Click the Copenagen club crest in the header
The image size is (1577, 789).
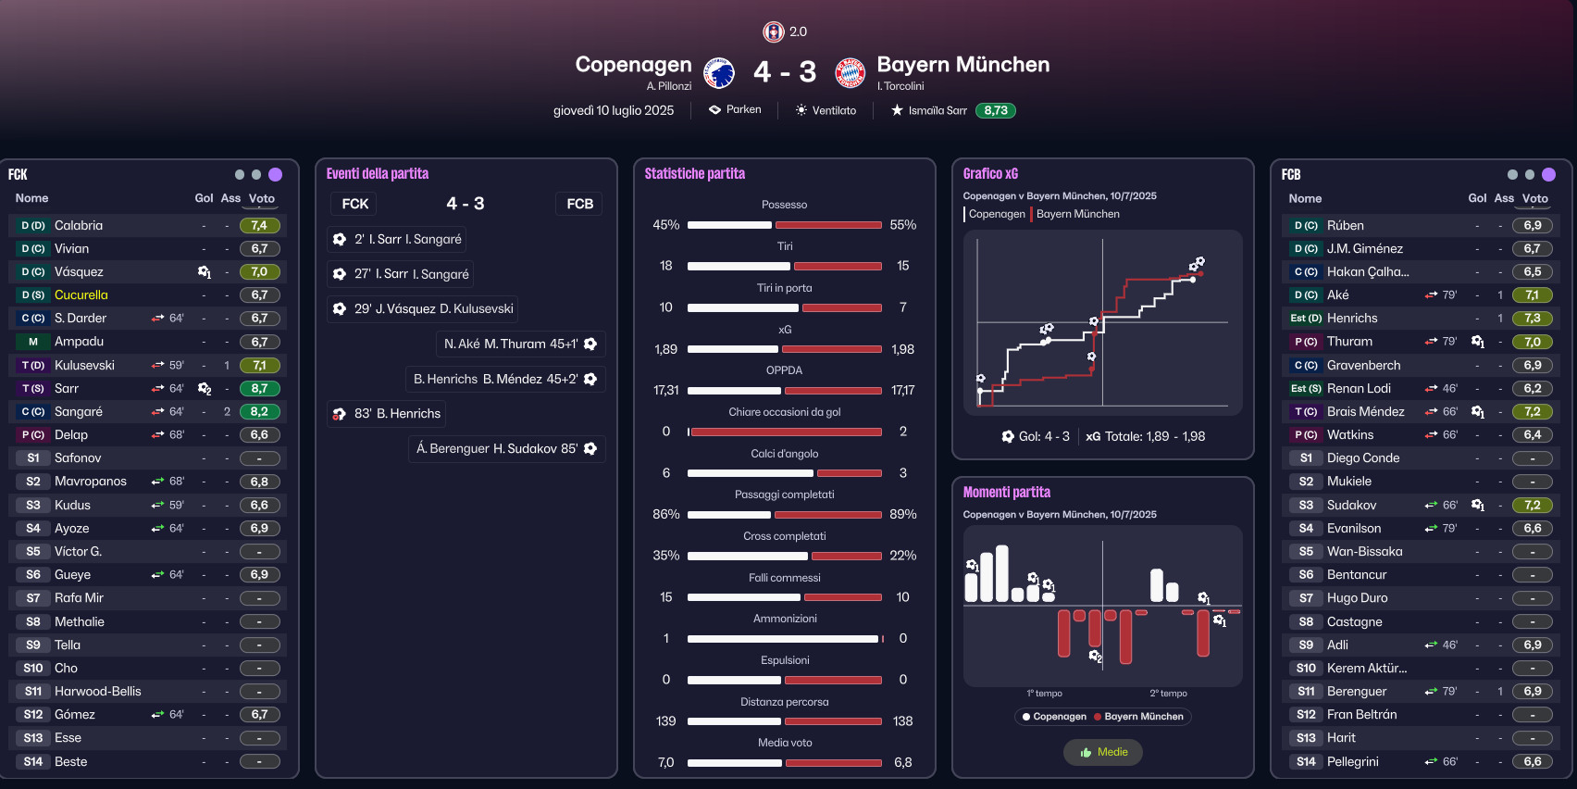pyautogui.click(x=719, y=72)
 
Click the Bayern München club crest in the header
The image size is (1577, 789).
pyautogui.click(x=850, y=72)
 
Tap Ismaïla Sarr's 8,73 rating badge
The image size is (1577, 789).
pyautogui.click(x=996, y=110)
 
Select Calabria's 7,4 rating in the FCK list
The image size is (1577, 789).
pyautogui.click(x=259, y=225)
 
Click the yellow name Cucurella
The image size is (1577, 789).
pyautogui.click(x=81, y=295)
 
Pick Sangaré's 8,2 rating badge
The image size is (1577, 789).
pyautogui.click(x=259, y=411)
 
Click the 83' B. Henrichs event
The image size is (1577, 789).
pyautogui.click(x=387, y=414)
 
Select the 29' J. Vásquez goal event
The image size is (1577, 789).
pyautogui.click(x=422, y=308)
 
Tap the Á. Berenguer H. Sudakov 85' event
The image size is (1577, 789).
pyautogui.click(x=507, y=449)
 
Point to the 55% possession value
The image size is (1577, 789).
pyautogui.click(x=903, y=225)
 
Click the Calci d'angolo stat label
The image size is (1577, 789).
pyautogui.click(x=784, y=454)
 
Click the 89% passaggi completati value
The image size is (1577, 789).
pyautogui.click(x=903, y=514)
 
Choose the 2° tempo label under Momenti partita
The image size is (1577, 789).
pyautogui.click(x=1169, y=694)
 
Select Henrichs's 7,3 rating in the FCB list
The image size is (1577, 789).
pyautogui.click(x=1532, y=319)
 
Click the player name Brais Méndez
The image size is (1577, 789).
pyautogui.click(x=1366, y=411)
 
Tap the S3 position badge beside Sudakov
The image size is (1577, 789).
pyautogui.click(x=1306, y=505)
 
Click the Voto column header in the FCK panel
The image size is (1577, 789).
pyautogui.click(x=262, y=199)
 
